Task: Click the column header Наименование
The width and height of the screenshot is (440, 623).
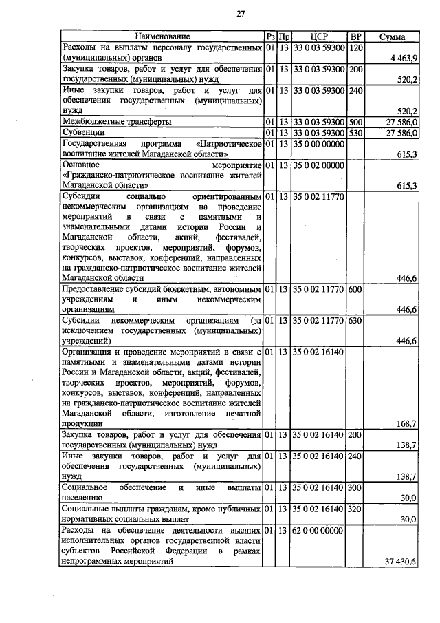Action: [162, 36]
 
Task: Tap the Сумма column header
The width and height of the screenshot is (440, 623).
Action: [391, 36]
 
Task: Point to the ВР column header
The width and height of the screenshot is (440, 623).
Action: [355, 36]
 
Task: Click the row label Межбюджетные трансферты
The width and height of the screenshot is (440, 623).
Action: [116, 121]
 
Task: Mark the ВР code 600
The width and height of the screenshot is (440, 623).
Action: [355, 288]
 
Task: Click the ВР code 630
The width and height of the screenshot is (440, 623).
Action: [355, 321]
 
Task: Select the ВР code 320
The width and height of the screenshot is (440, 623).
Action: [355, 508]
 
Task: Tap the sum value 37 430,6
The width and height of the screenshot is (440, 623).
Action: [401, 562]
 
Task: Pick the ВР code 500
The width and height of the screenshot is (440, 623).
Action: [355, 121]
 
